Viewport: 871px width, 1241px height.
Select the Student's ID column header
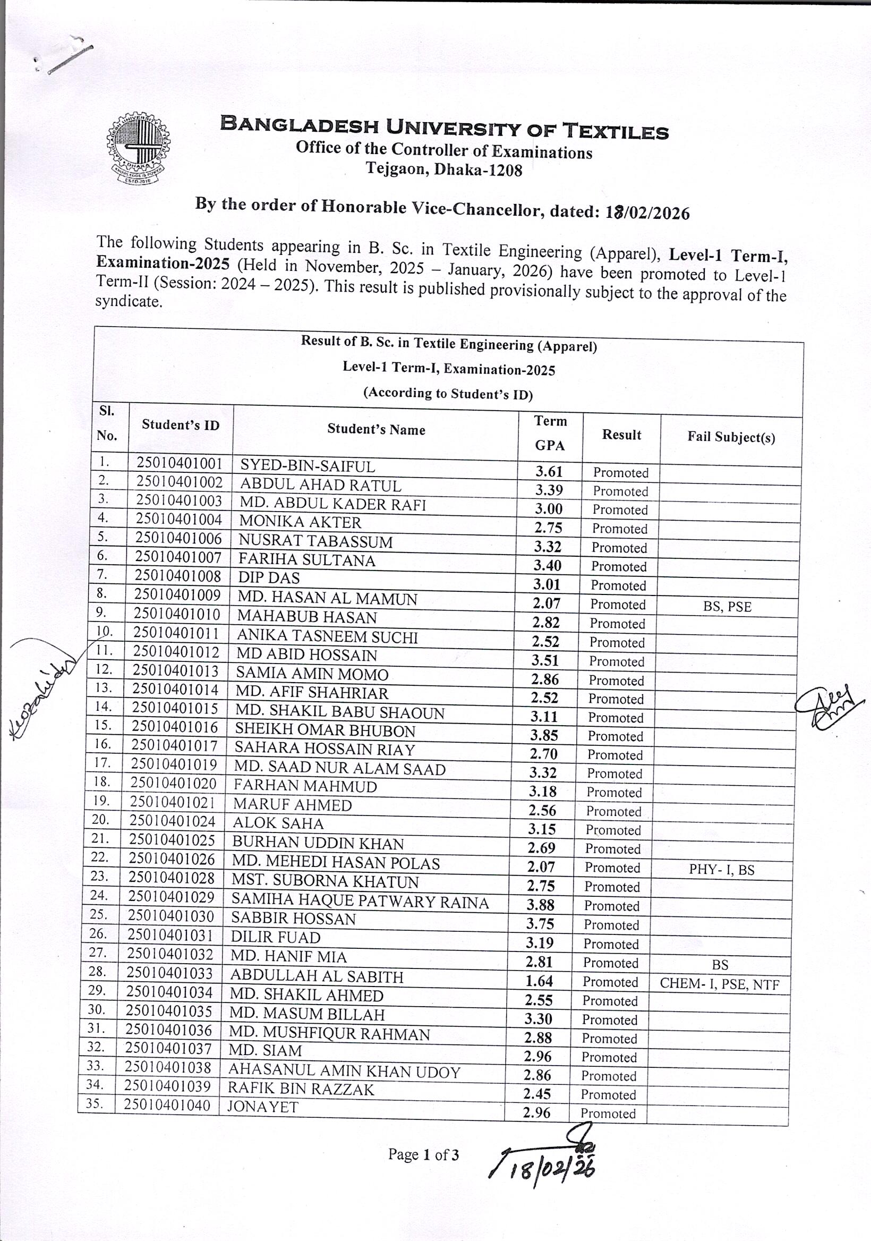coord(181,425)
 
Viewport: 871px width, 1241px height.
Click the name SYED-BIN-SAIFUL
coord(307,466)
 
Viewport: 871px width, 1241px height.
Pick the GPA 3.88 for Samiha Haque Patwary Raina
coord(540,905)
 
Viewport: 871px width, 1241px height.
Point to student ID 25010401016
coord(175,727)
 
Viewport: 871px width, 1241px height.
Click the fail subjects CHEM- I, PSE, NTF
coord(719,984)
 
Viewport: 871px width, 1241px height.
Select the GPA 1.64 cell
coord(539,981)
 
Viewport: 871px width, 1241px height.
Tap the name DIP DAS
coord(269,578)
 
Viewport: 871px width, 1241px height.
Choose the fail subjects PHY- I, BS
coord(721,870)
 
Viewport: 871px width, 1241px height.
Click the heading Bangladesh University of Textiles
coord(444,127)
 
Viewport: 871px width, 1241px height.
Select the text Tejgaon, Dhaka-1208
coord(444,169)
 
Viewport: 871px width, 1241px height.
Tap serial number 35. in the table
coord(94,1103)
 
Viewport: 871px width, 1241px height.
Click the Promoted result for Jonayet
coord(608,1113)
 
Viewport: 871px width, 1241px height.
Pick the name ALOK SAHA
coord(278,823)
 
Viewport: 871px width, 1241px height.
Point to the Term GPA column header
coord(550,433)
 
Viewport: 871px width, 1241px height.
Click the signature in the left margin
coord(43,686)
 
